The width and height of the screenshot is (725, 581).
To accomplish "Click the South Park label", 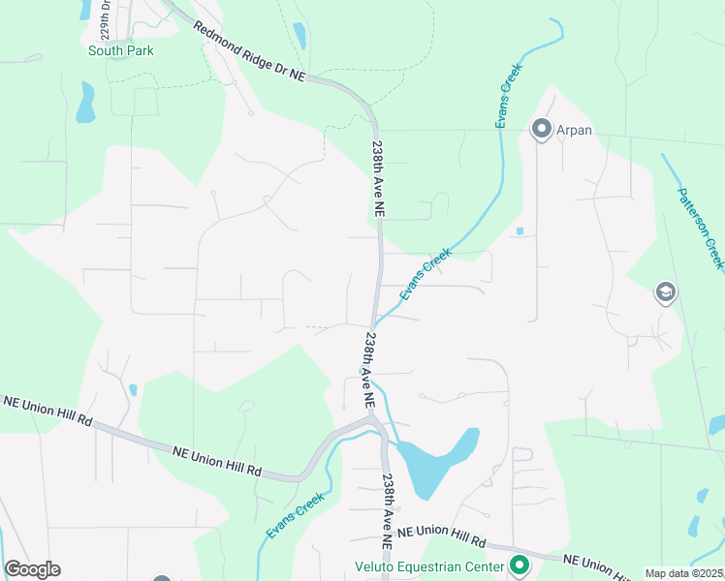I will coord(120,50).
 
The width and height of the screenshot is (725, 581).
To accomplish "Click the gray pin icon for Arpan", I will coord(540,128).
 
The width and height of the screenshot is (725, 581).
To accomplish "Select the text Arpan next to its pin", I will coord(574,129).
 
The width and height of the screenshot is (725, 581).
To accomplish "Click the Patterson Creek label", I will coord(700,229).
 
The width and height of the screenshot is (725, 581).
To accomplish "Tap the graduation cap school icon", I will coord(665,292).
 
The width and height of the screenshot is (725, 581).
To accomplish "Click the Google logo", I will coord(32,568).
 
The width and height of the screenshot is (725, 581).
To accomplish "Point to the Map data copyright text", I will coord(684,573).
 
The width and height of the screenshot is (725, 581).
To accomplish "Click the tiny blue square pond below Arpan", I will coord(520,231).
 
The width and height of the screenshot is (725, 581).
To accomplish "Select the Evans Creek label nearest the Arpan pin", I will coord(509,97).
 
